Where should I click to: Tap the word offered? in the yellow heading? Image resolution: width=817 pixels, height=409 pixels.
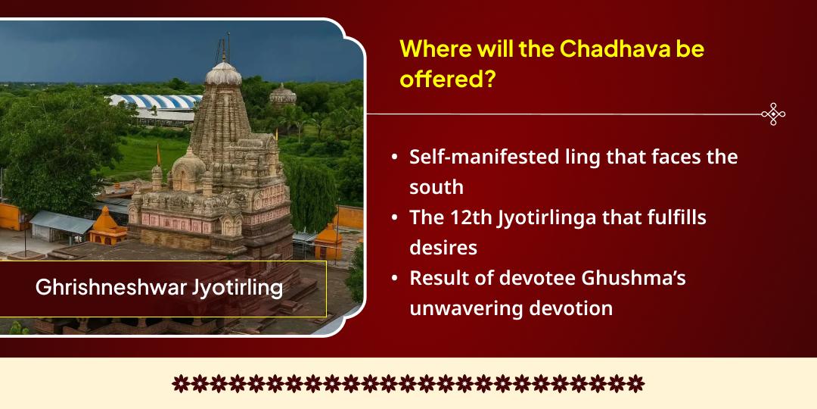click(447, 79)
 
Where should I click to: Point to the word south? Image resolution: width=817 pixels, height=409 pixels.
click(436, 186)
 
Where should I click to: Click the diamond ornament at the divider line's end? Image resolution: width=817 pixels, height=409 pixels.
click(772, 114)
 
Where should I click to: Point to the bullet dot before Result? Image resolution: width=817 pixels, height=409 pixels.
click(395, 279)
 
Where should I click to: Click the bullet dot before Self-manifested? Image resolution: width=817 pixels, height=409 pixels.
click(395, 158)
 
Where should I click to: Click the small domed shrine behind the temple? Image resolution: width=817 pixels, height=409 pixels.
click(283, 95)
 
